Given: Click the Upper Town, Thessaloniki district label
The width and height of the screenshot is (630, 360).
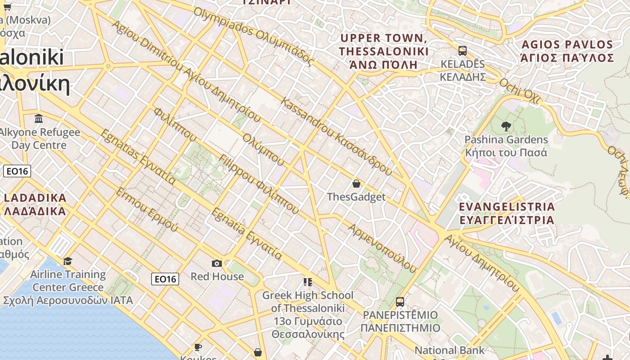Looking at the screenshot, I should coord(384,51).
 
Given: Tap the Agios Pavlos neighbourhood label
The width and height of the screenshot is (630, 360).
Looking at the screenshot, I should coord(567,51).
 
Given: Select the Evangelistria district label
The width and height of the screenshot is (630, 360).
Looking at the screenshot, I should coord(507,213).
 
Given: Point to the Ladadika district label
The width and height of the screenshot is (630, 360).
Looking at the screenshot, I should coord(35,204).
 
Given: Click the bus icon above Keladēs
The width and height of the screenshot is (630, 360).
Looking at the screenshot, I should coord(463,50).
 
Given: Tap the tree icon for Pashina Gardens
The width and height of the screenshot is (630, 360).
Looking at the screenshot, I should coord(506,126).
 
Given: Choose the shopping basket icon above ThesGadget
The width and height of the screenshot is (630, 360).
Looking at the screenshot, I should coord(356,184).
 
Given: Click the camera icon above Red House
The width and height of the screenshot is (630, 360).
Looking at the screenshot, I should coord(217,263).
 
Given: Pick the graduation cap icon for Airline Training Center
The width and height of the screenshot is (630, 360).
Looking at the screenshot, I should coord(68,261).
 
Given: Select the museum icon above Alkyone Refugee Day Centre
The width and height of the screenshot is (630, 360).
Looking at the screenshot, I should coord(39,119).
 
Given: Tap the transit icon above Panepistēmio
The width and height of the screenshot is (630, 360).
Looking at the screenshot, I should coord(400,301).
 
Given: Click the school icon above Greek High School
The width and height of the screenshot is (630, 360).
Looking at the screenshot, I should coord(308,282).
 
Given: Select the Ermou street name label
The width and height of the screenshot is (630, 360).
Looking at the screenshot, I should coord(146,210).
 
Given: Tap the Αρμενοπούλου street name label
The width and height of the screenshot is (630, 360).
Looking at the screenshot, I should coord(382,248).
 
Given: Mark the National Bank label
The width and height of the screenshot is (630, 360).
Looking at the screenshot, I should coord(450,350).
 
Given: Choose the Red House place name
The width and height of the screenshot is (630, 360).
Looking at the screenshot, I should coord(217,276).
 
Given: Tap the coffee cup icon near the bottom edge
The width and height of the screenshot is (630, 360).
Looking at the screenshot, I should coord(198,347).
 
